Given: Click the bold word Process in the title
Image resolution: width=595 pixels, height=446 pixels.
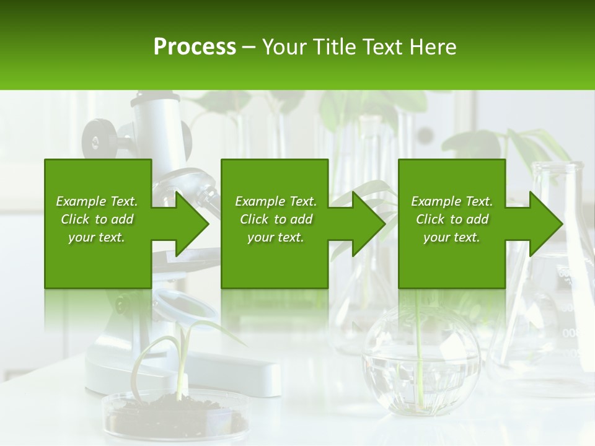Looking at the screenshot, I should pyautogui.click(x=195, y=47).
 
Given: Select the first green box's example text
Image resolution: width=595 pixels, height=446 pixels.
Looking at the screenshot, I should pyautogui.click(x=97, y=219).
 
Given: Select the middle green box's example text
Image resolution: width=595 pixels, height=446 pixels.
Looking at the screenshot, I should pyautogui.click(x=275, y=219).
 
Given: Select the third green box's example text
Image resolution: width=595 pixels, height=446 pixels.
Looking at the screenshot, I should pyautogui.click(x=452, y=219).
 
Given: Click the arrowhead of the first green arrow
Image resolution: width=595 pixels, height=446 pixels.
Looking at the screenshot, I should pyautogui.click(x=190, y=224).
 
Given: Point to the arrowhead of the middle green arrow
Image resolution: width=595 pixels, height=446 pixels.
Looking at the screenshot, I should pyautogui.click(x=367, y=224).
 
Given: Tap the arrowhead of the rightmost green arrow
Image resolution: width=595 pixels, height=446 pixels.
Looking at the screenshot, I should pyautogui.click(x=544, y=224).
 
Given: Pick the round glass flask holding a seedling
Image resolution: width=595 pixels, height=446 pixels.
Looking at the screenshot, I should pyautogui.click(x=421, y=359).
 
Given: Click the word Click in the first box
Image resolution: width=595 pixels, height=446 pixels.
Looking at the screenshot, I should pyautogui.click(x=76, y=219).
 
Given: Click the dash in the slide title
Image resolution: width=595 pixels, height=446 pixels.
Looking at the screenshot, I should pyautogui.click(x=249, y=47).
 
